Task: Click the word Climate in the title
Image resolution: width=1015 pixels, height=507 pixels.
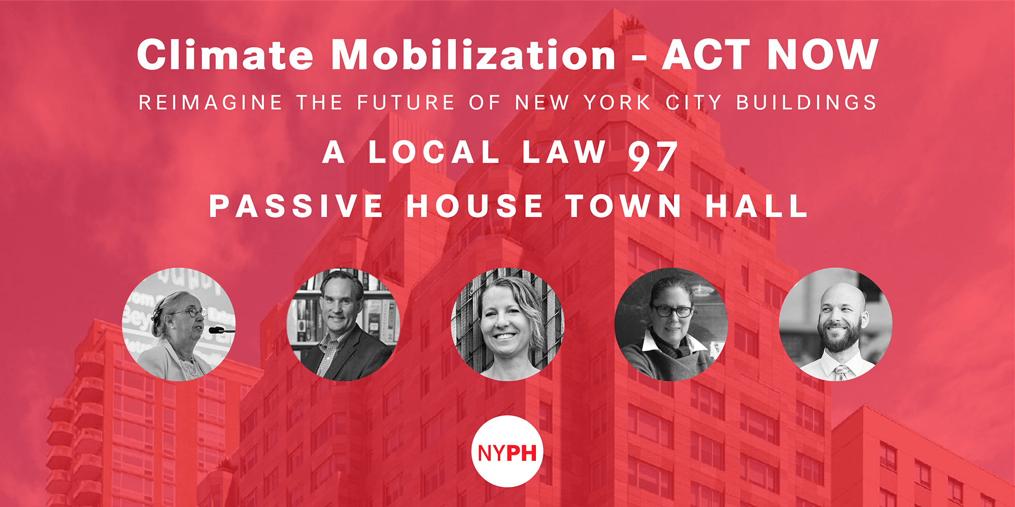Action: (x=225, y=54)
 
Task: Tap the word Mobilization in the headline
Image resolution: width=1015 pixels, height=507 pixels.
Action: (x=473, y=54)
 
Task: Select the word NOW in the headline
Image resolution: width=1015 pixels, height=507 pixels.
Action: (x=823, y=54)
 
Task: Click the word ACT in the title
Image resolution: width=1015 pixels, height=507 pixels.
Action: (x=706, y=54)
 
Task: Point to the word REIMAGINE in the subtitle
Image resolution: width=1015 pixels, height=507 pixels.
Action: (x=210, y=102)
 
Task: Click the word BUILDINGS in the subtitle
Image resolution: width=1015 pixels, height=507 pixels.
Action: (x=806, y=102)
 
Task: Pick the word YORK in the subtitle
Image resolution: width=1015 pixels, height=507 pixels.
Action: (x=617, y=102)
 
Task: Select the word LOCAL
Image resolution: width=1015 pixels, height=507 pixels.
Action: (x=434, y=152)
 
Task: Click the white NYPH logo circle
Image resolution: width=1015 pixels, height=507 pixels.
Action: (x=507, y=451)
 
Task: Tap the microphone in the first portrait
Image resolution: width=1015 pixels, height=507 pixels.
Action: (x=221, y=331)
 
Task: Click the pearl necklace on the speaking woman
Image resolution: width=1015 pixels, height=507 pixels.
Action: (x=187, y=364)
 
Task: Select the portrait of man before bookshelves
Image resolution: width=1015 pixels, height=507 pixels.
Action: (x=343, y=324)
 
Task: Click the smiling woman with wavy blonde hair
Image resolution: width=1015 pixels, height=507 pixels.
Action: (x=507, y=324)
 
